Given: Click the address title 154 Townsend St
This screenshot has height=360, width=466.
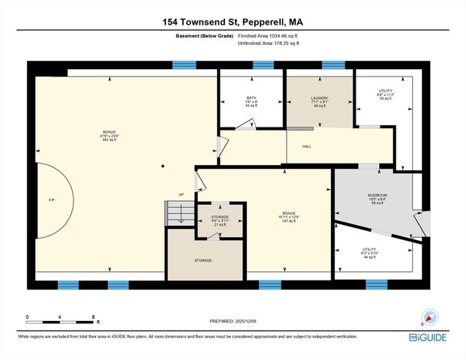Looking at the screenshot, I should point(232,22).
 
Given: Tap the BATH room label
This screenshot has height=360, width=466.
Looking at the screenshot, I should point(251,101).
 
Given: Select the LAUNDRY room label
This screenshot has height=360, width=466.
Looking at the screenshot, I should point(320,101).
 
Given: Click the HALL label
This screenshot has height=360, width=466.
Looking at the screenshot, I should point(307,147).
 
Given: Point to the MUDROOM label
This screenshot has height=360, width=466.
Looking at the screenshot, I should point(377,197).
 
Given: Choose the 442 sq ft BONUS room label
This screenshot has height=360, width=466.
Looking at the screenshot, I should point(110,136).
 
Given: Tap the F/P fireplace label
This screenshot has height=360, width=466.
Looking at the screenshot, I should point(51,201).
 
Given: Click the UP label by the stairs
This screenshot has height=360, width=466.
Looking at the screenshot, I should point(181,195).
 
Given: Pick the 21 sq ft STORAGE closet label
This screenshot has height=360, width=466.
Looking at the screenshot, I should point(220,220).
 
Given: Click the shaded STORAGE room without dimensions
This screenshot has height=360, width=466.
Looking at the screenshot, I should point(203,260).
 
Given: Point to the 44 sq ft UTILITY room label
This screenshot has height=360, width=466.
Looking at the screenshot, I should point(369,253).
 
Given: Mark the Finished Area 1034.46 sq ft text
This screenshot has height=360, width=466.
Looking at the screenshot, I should point(268,36).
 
